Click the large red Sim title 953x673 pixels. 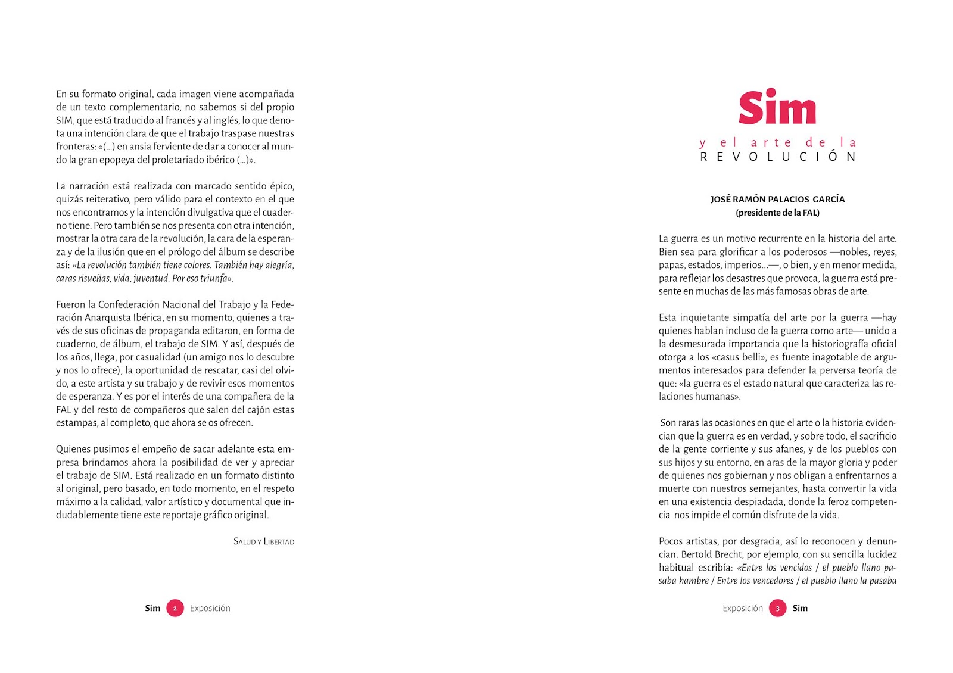(777, 108)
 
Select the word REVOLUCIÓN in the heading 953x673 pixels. (778, 157)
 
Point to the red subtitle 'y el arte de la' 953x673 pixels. (778, 143)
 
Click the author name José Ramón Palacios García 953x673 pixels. (777, 200)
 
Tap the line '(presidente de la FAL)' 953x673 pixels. (777, 213)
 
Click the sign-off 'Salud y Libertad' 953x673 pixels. (264, 542)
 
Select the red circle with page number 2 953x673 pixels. (175, 608)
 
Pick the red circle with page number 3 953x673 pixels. (777, 608)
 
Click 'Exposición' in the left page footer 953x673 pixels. (210, 608)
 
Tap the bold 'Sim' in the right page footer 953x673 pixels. (800, 608)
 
